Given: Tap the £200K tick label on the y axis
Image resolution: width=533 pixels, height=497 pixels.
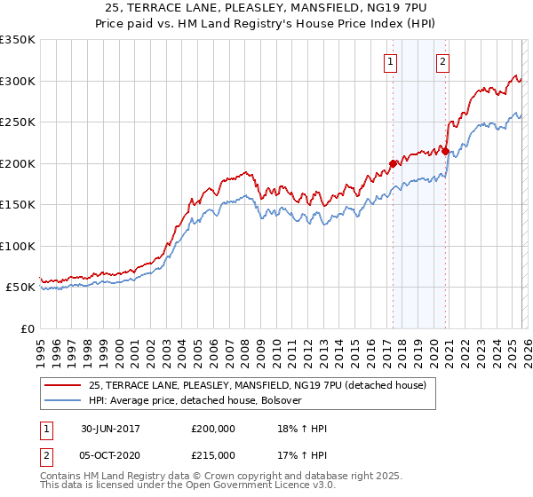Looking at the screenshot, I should coord(17,163).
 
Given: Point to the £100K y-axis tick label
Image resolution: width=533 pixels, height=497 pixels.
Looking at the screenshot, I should coord(17,246).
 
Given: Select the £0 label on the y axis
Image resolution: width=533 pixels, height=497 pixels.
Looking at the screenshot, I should coord(27,328).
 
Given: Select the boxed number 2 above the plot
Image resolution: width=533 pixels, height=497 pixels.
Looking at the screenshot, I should coord(442,61).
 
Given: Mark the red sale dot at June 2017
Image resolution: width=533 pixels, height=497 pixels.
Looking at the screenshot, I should coord(393,163).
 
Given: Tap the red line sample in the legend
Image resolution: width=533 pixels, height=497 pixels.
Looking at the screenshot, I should coord(63,385).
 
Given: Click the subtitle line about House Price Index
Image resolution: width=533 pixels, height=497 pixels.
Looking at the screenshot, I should coord(266,25).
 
